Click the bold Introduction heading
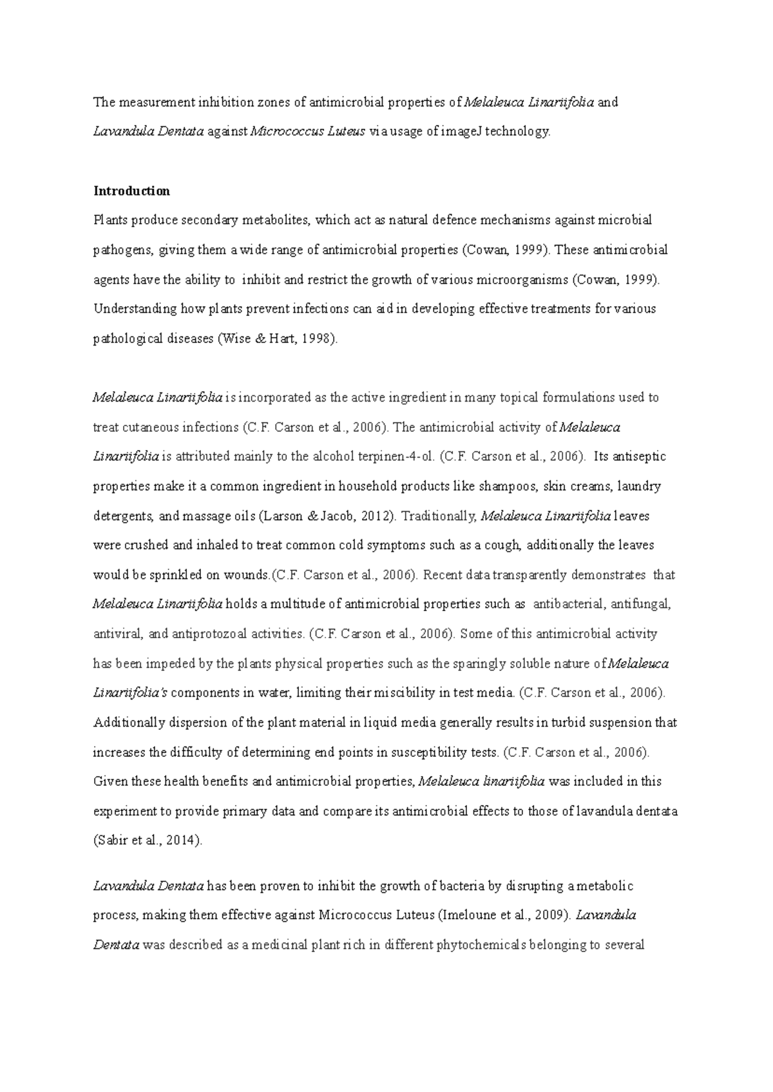(131, 191)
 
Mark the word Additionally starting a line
(129, 723)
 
